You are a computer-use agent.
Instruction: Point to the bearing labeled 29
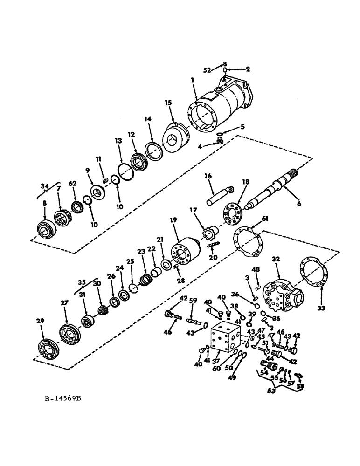click(48, 349)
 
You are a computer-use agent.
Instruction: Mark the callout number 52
click(214, 70)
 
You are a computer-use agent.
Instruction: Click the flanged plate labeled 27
click(71, 335)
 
